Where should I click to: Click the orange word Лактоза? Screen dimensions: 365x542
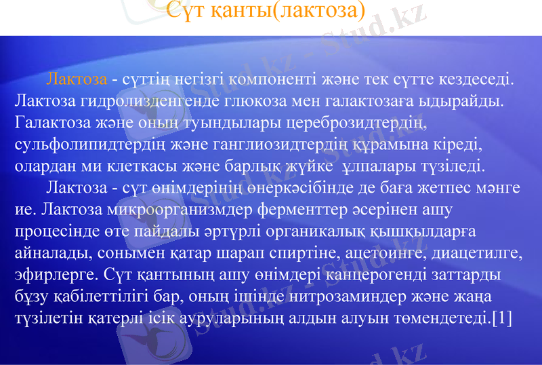pos(77,79)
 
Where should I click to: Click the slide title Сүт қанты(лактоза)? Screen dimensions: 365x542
pos(266,10)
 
